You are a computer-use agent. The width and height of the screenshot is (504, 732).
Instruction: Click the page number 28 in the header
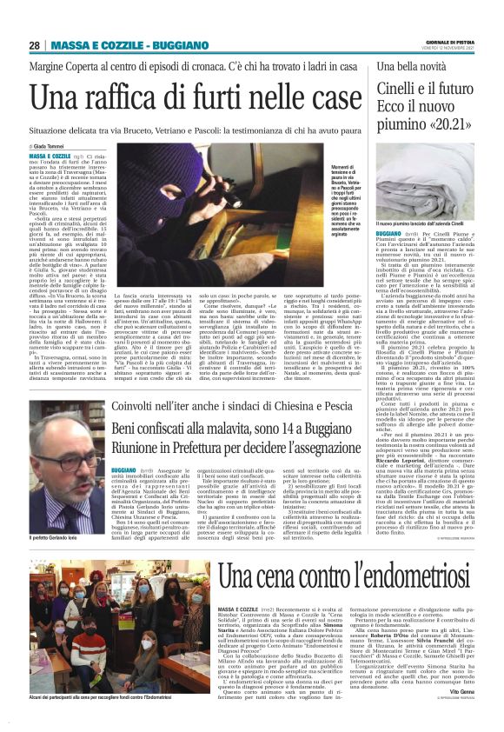coord(35,45)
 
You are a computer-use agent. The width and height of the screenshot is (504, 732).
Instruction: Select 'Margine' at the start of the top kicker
coord(50,65)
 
